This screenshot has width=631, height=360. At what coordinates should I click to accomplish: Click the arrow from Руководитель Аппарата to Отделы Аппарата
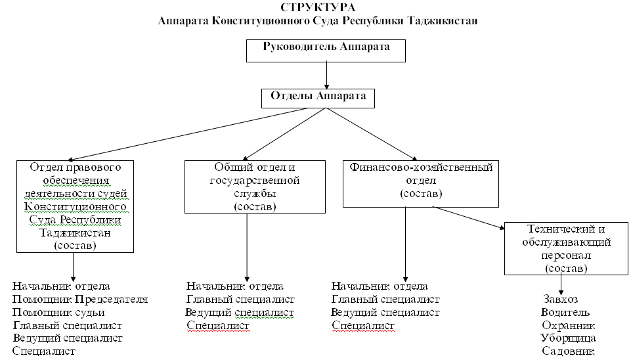coord(326,75)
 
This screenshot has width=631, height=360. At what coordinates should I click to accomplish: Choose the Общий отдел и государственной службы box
coord(255,186)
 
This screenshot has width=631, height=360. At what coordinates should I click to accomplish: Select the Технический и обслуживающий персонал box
coord(566,248)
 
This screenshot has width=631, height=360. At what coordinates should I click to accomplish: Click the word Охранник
coord(568,325)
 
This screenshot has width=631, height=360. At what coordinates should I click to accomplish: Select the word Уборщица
coord(568,338)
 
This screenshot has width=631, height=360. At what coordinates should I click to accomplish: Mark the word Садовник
coord(568,351)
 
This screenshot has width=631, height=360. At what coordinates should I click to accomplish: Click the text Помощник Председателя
coord(80,299)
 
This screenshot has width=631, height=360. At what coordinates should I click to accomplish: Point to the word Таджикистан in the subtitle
coord(440,20)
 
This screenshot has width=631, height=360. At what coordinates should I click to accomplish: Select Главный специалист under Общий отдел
coord(241,299)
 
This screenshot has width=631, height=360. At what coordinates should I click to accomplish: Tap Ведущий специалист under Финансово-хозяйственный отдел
coord(385,312)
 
